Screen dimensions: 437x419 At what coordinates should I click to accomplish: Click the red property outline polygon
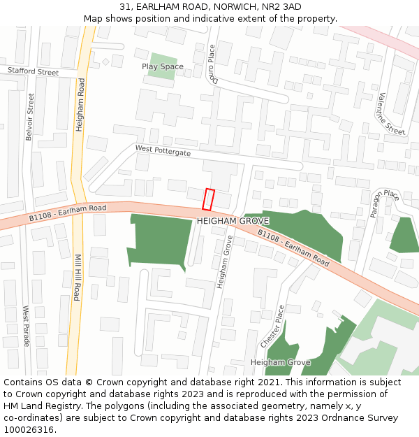click(x=207, y=199)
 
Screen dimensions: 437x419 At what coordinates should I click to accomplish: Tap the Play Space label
click(x=163, y=67)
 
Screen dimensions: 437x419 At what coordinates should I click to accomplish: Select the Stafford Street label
click(x=34, y=71)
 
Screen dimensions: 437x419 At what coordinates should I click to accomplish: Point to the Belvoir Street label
click(x=29, y=116)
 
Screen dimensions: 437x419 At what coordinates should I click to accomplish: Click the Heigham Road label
click(x=80, y=106)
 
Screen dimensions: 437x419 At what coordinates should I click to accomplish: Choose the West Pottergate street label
click(x=163, y=150)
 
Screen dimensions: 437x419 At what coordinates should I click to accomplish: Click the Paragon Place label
click(x=384, y=203)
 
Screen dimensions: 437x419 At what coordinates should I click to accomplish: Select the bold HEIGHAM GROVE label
click(x=233, y=221)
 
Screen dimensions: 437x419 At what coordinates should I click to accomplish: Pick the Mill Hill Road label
click(x=77, y=278)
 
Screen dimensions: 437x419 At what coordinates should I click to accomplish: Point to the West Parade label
click(x=27, y=326)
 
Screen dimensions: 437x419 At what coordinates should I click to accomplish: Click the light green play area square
click(x=163, y=62)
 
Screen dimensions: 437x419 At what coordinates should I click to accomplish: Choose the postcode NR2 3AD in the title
click(x=281, y=7)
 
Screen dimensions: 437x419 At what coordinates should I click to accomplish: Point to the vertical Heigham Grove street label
click(x=225, y=263)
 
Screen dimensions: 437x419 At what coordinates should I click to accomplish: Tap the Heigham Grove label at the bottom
click(x=280, y=363)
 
